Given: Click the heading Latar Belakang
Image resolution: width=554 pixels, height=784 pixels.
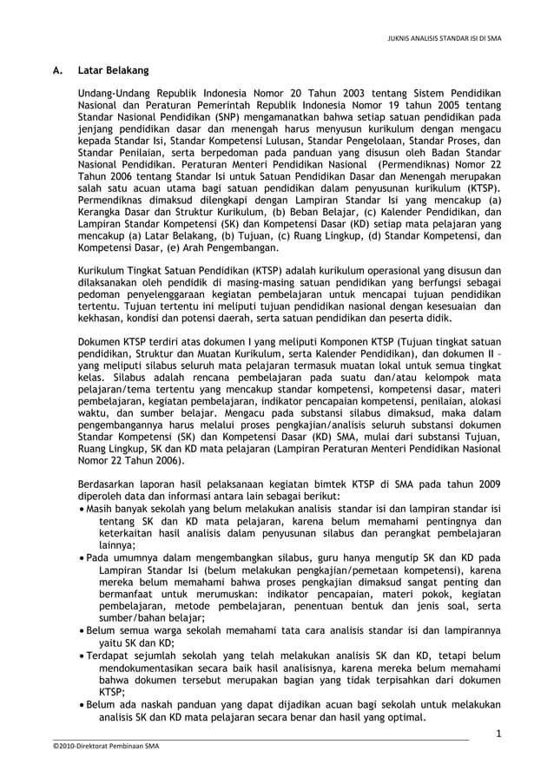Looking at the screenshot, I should [x=113, y=69].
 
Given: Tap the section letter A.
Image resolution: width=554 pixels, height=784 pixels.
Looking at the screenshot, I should [x=54, y=69].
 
